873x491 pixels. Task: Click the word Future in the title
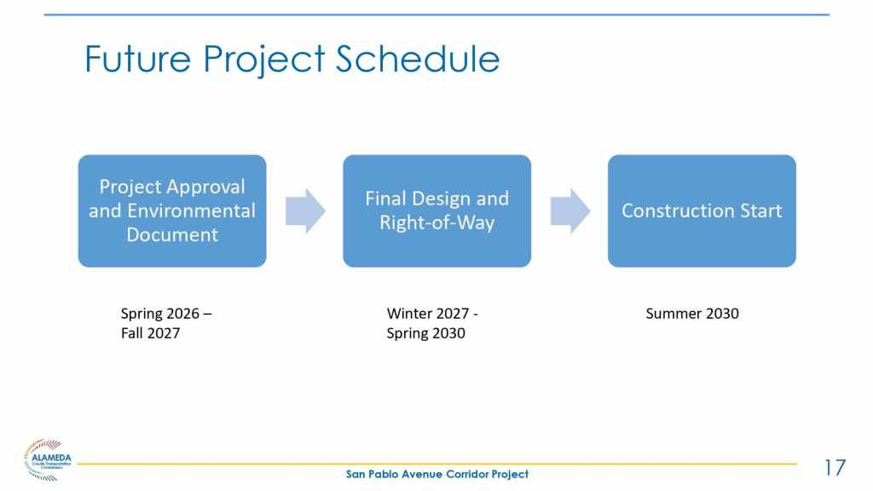(x=137, y=59)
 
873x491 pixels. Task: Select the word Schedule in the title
(x=418, y=59)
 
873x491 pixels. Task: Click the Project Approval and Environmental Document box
(x=172, y=211)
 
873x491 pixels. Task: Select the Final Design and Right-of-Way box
(x=437, y=211)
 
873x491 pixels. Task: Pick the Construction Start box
(x=702, y=211)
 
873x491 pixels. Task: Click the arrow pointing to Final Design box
(x=305, y=211)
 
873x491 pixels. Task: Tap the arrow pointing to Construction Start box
(x=570, y=211)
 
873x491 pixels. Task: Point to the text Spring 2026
(x=159, y=314)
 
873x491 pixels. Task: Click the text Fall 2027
(x=150, y=333)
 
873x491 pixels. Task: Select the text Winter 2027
(x=428, y=314)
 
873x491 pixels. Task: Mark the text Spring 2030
(x=426, y=333)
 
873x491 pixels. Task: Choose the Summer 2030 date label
(x=692, y=314)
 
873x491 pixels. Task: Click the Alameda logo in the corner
(x=48, y=459)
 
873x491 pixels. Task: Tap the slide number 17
(x=835, y=468)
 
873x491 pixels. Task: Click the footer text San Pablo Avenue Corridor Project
(x=437, y=474)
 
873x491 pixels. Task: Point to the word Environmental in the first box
(x=191, y=211)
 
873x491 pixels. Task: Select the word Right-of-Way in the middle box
(x=437, y=223)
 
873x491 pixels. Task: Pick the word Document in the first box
(x=172, y=234)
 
